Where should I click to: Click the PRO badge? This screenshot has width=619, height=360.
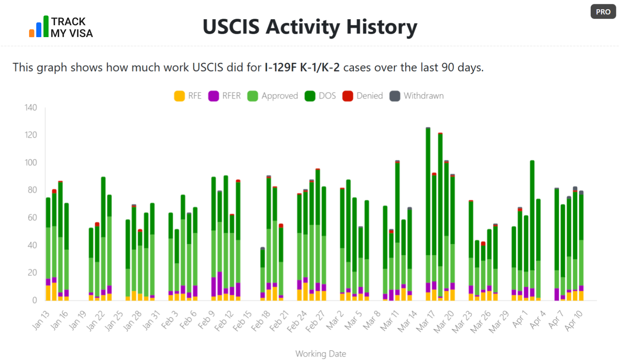[x=603, y=11]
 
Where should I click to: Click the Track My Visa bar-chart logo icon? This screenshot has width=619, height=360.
[x=39, y=27]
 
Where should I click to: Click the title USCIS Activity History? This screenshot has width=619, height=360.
[x=310, y=27]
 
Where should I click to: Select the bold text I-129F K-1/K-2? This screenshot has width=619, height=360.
[x=302, y=67]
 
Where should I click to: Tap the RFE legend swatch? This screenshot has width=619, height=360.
[x=179, y=96]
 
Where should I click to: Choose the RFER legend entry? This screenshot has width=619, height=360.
[x=225, y=96]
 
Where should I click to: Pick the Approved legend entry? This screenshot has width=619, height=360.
[x=273, y=96]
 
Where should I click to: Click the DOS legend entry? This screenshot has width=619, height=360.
[x=320, y=96]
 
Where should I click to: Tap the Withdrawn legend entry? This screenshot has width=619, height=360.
[x=417, y=96]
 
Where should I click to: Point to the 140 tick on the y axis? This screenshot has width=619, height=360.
[x=31, y=108]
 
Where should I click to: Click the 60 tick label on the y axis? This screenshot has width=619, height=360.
[x=32, y=218]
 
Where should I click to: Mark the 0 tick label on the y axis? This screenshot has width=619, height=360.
[x=34, y=300]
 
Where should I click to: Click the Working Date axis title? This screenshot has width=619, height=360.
[x=320, y=354]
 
